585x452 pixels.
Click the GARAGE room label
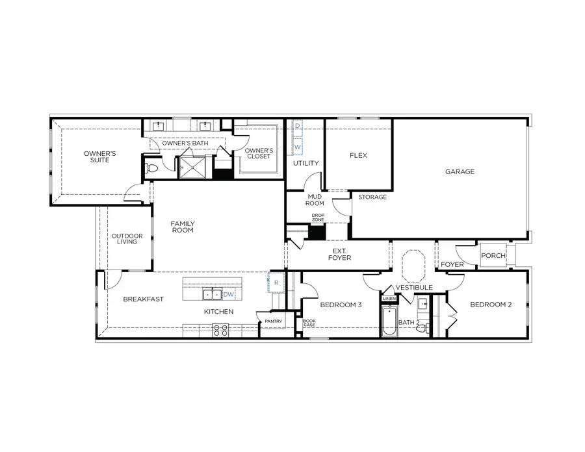tap(460, 172)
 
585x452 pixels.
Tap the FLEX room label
tap(358, 155)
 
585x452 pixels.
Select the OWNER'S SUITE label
tap(99, 157)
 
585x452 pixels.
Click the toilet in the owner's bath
tap(152, 168)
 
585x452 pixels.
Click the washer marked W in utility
tap(298, 147)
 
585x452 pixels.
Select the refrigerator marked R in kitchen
tap(276, 283)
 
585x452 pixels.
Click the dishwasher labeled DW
tap(228, 294)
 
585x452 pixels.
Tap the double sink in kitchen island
tap(211, 294)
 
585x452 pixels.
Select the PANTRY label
tap(273, 321)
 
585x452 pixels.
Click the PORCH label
tap(493, 256)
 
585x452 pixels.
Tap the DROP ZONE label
tap(318, 218)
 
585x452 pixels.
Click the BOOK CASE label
tap(309, 323)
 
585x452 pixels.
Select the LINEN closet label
tap(389, 299)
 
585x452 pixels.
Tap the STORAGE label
tap(372, 197)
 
